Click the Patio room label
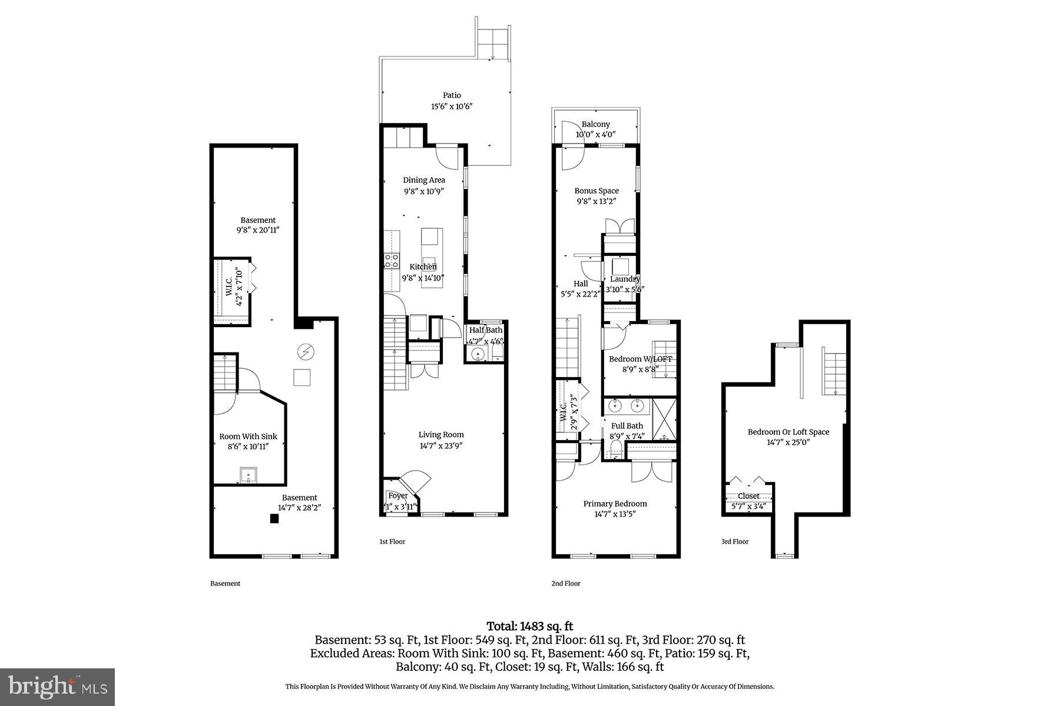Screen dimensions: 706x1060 452,95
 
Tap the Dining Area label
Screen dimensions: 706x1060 423,180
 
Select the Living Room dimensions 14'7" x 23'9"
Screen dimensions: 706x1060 441,445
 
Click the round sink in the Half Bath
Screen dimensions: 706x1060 478,354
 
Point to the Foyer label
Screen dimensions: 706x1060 398,495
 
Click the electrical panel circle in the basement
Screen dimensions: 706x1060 306,352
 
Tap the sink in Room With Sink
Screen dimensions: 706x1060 248,474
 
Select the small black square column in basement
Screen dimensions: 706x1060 274,518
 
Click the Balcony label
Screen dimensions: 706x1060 595,124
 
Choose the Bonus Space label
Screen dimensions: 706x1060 597,191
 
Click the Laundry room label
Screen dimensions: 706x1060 624,279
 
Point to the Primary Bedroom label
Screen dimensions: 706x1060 615,504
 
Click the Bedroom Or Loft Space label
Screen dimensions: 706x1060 788,432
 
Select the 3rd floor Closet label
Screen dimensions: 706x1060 748,496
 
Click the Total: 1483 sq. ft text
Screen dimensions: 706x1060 529,626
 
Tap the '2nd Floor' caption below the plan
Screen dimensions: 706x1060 565,584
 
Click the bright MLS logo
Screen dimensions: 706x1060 58,687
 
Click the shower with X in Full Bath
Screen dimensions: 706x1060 662,419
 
